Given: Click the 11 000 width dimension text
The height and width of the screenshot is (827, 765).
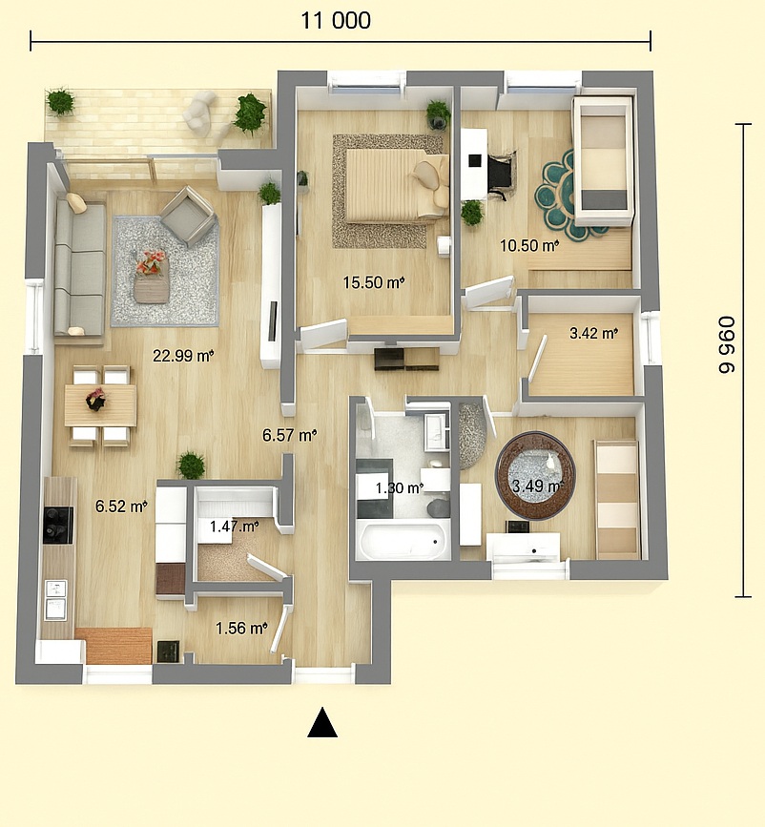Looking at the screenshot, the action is [x=336, y=21].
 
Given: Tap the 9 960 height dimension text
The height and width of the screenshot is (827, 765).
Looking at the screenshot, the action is [x=727, y=345].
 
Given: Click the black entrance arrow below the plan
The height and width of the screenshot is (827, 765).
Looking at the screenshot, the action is [x=322, y=722].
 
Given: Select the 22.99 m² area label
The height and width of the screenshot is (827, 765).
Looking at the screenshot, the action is [x=183, y=356].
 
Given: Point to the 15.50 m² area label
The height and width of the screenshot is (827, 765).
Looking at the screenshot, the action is [x=374, y=282].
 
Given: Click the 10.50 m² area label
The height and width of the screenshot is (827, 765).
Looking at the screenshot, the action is [x=529, y=245].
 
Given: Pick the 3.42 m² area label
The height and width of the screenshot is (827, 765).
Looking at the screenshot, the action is [x=593, y=333].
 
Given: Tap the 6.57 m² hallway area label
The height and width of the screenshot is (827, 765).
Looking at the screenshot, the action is [x=290, y=435].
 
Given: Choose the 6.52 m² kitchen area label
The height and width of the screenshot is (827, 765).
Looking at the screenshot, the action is [x=121, y=507].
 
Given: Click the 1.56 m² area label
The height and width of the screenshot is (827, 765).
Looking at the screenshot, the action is [x=241, y=629].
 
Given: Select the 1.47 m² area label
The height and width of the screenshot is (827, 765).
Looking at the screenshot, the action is [x=235, y=526].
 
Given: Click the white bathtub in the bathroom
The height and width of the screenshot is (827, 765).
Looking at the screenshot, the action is [x=403, y=539].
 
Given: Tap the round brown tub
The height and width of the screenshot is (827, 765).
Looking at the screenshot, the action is [x=535, y=476].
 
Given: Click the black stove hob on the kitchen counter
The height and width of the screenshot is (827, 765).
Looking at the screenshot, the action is [x=58, y=525].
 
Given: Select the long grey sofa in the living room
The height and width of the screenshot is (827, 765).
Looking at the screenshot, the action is [x=79, y=268].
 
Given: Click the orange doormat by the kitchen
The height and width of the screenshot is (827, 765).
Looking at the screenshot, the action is [x=114, y=646].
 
